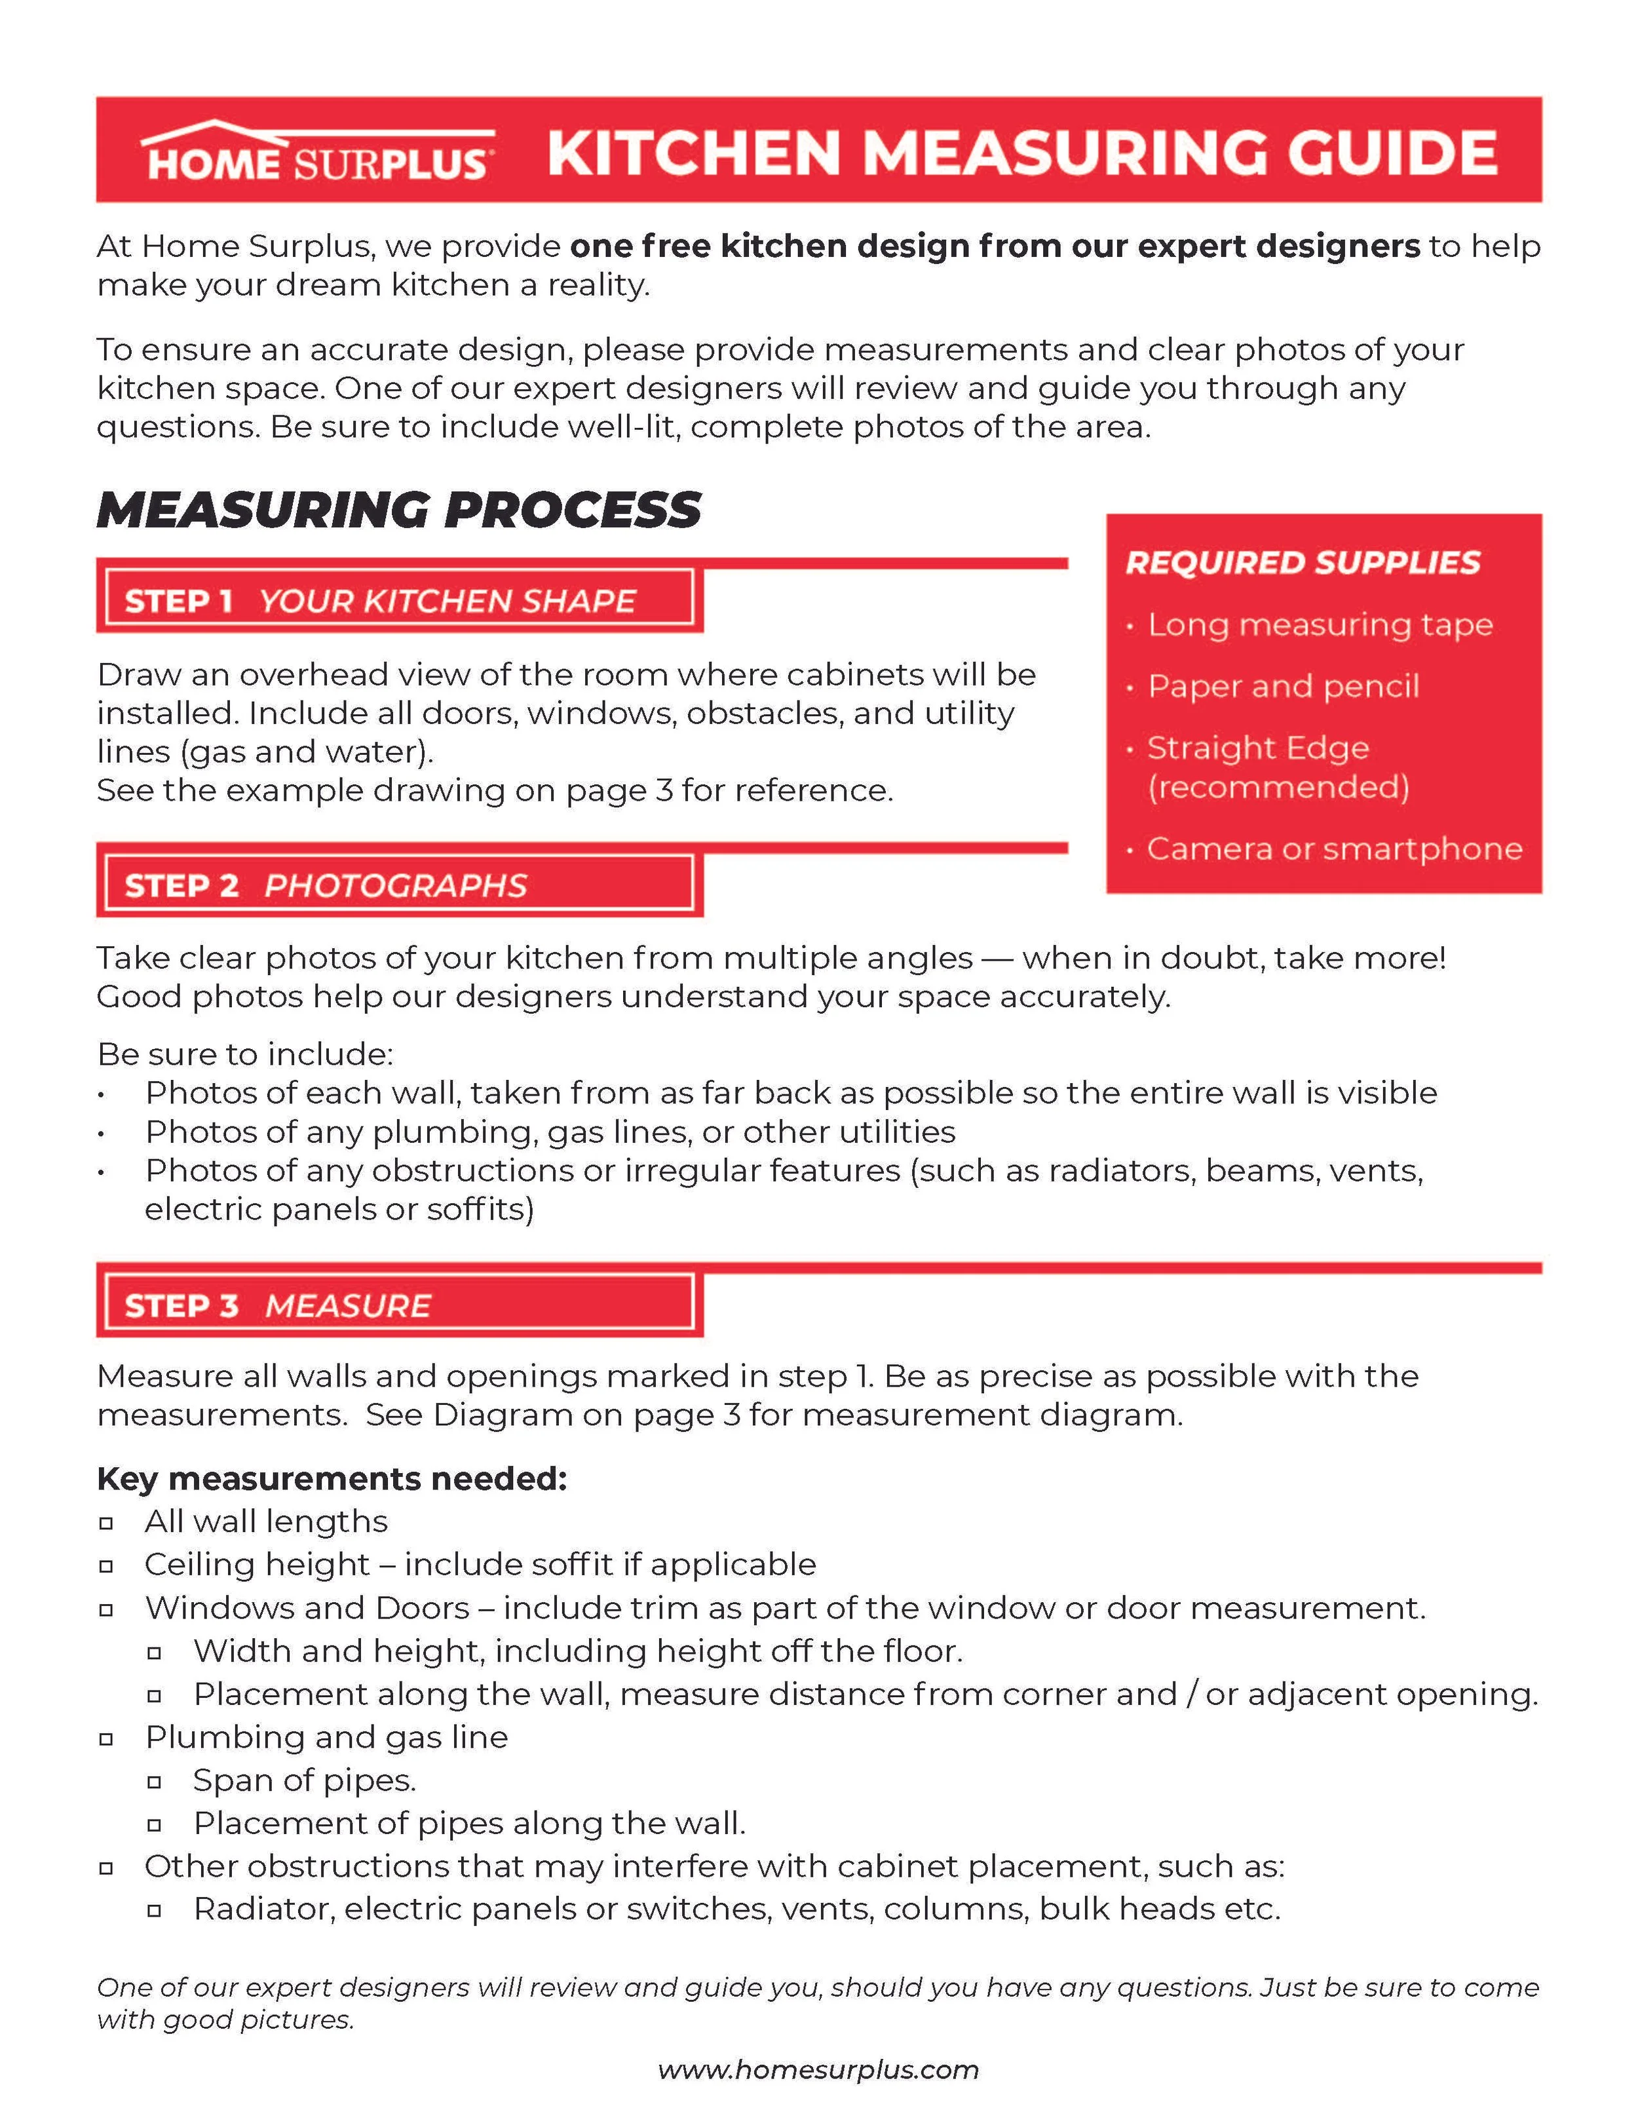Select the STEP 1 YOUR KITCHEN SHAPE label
tap(380, 601)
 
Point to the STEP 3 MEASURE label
tap(278, 1305)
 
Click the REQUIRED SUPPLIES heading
tap(1302, 563)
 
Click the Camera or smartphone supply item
tap(1333, 849)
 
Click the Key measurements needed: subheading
tap(331, 1478)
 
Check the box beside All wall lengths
tap(106, 1522)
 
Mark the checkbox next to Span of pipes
tap(154, 1781)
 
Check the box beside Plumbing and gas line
tap(106, 1738)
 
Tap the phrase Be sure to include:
tap(244, 1054)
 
